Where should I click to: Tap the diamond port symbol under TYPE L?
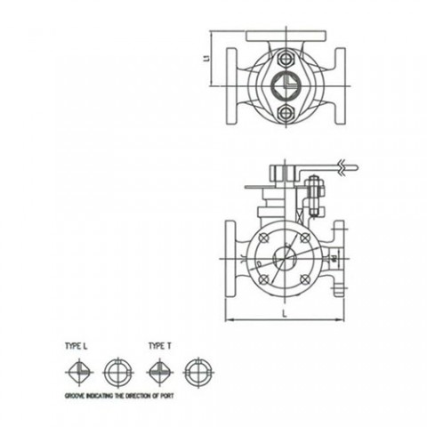[x=79, y=369]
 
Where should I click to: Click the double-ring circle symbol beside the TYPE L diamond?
[x=117, y=369]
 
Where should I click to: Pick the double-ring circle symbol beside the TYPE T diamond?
[x=195, y=369]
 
